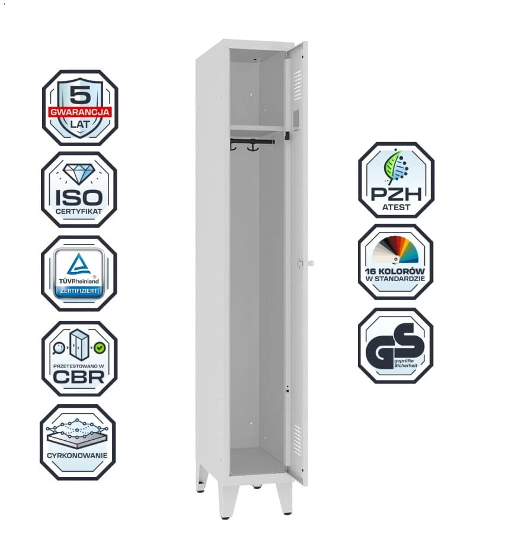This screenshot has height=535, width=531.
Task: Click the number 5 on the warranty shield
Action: (80, 95)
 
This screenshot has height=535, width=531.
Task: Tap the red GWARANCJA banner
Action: (79, 112)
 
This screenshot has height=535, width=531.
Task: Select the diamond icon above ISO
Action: (79, 174)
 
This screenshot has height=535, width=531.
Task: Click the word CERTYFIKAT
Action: (79, 211)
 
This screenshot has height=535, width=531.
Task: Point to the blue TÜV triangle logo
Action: (79, 264)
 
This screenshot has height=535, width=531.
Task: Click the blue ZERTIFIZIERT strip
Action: (79, 291)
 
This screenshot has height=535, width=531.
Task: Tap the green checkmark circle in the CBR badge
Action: (100, 348)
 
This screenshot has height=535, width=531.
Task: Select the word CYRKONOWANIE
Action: (77, 456)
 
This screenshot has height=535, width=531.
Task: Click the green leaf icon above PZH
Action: (396, 167)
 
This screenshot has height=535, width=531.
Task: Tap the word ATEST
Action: (396, 207)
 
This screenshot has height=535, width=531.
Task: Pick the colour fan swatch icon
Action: (396, 250)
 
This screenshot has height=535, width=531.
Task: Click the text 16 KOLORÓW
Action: (395, 271)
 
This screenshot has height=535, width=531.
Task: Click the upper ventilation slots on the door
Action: (298, 85)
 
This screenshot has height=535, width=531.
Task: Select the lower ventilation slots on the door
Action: (298, 440)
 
